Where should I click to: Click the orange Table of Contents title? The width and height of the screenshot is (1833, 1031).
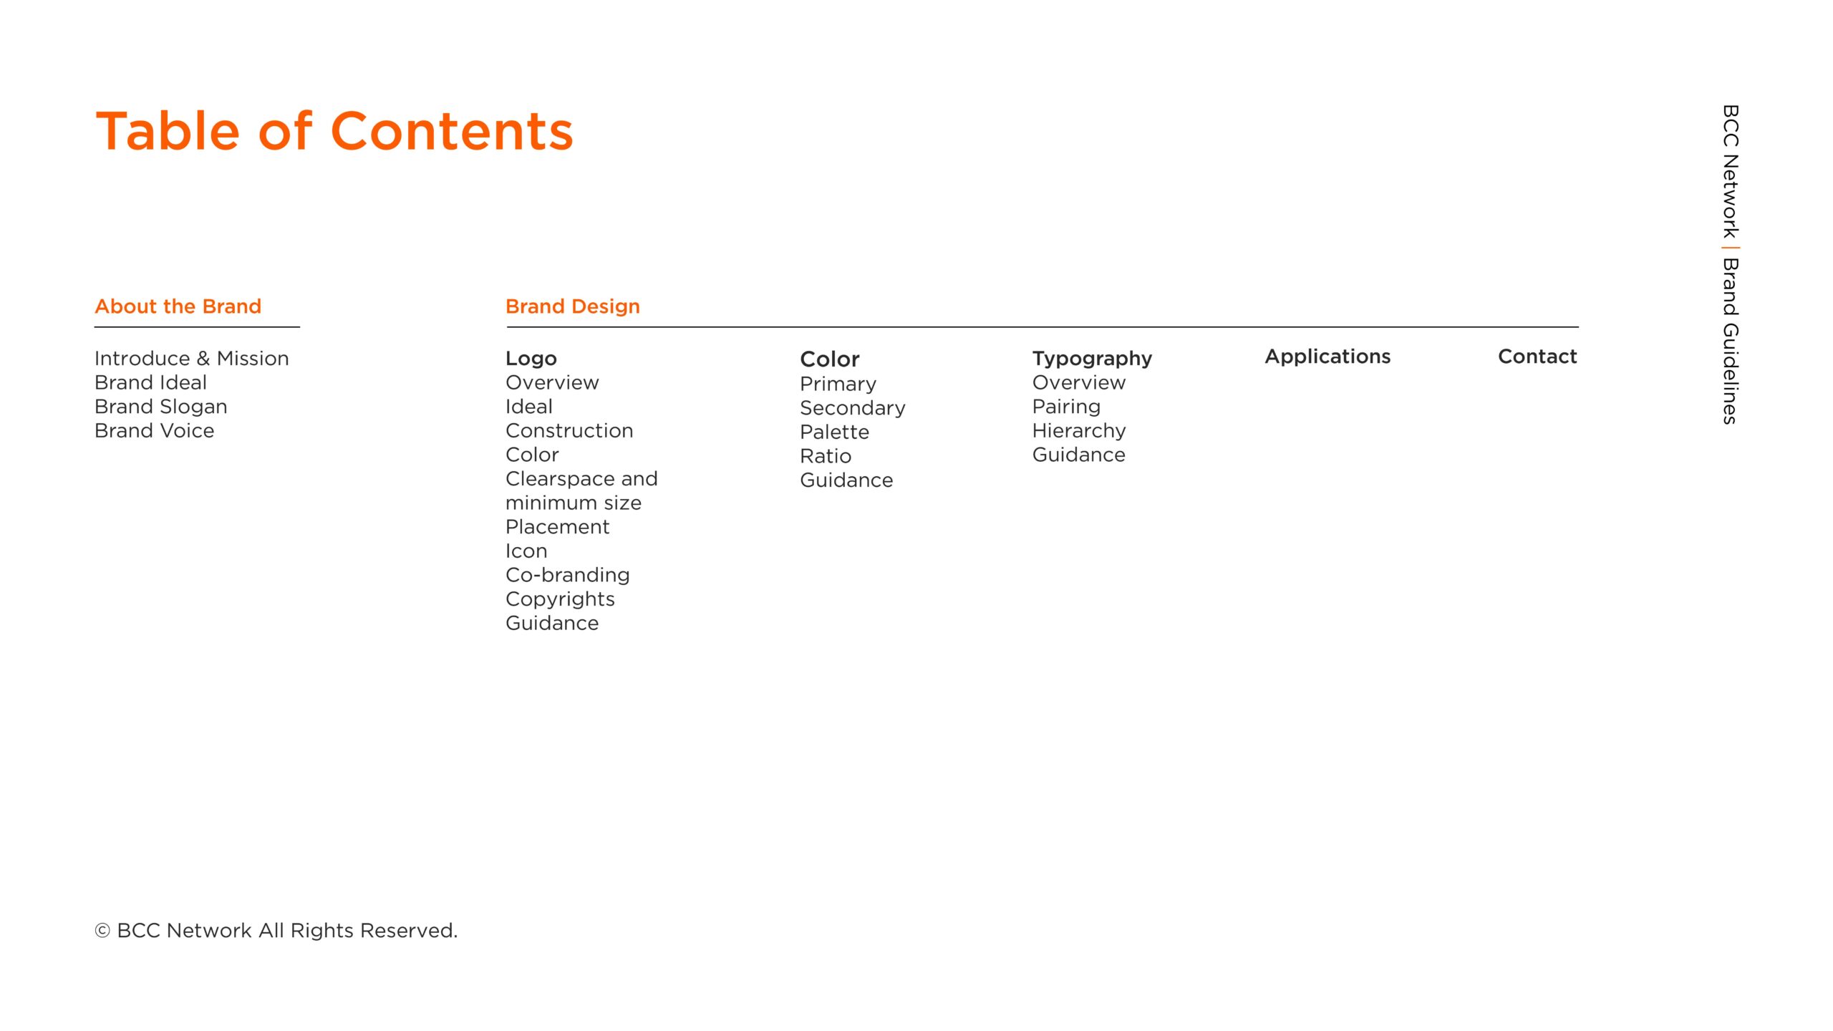point(334,131)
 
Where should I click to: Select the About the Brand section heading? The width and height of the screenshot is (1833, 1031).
point(178,306)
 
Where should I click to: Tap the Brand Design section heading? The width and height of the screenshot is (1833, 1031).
point(573,306)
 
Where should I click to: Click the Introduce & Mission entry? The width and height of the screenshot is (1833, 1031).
point(192,358)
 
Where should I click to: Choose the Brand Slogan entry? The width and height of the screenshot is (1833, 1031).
point(161,407)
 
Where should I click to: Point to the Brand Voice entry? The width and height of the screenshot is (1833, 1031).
point(155,430)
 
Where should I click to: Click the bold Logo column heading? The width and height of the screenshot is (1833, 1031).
point(531,359)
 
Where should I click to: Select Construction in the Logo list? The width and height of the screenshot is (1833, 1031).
point(569,430)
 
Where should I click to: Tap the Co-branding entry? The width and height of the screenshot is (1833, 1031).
point(568,575)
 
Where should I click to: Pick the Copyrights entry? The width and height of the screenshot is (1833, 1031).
point(560,599)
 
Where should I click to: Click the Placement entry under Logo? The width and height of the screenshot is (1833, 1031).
point(558,527)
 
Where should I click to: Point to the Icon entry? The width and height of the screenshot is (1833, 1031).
point(526,551)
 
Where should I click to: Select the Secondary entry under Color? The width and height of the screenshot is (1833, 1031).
point(853,408)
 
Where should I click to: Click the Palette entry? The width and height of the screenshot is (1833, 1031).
point(835,432)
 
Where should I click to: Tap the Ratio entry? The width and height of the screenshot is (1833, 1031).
point(826,456)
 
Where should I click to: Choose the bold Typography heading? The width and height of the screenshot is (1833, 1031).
point(1092,359)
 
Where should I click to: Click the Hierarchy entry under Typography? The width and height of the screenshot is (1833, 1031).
point(1079,431)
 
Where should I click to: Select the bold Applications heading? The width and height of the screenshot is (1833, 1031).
point(1327,357)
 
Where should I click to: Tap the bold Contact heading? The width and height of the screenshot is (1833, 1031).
point(1537,357)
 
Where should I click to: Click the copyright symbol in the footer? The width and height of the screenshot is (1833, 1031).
point(102,931)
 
